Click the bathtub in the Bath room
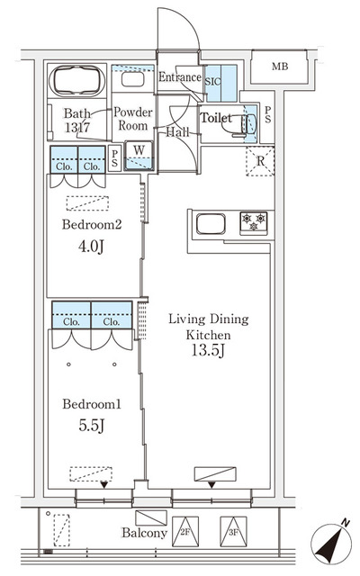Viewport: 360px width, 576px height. tap(78, 81)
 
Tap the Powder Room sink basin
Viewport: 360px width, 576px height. tap(133, 79)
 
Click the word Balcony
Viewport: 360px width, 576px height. tap(144, 534)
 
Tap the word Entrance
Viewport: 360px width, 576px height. tap(179, 77)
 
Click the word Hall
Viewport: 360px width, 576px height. tap(177, 131)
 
